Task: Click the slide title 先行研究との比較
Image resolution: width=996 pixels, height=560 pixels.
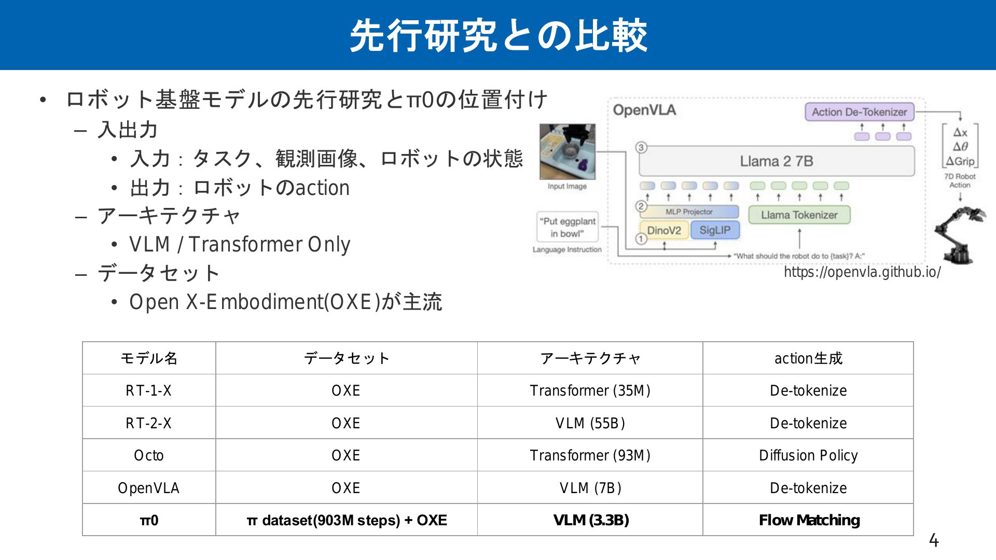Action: (499, 36)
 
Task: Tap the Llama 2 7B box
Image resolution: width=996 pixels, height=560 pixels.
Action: (777, 161)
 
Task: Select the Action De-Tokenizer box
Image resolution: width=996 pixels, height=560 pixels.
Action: (859, 112)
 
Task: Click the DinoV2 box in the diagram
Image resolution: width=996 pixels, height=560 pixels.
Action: (664, 230)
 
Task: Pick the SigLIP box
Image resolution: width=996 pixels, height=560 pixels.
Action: (715, 230)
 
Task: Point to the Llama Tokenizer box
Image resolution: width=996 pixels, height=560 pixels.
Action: (799, 215)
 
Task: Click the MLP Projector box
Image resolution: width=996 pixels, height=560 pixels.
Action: (689, 212)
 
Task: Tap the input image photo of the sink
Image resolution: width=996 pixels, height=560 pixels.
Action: (568, 151)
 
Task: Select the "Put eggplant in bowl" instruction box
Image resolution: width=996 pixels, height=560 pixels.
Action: (568, 227)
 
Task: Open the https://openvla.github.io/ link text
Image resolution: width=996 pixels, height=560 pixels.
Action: (862, 272)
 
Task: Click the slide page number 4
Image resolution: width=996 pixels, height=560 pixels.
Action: (934, 541)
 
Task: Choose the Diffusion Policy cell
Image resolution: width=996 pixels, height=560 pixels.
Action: (808, 455)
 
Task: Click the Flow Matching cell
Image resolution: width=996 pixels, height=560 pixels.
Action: (808, 520)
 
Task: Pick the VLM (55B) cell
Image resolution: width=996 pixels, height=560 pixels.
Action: (590, 423)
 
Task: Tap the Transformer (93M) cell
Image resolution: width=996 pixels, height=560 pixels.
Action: (590, 455)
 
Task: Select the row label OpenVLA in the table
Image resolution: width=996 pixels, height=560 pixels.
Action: (149, 488)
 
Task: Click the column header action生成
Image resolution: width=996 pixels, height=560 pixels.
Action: (808, 358)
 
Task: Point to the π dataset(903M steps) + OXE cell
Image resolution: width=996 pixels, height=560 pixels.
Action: (347, 520)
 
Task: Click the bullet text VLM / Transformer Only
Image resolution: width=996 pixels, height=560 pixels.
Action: (240, 244)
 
